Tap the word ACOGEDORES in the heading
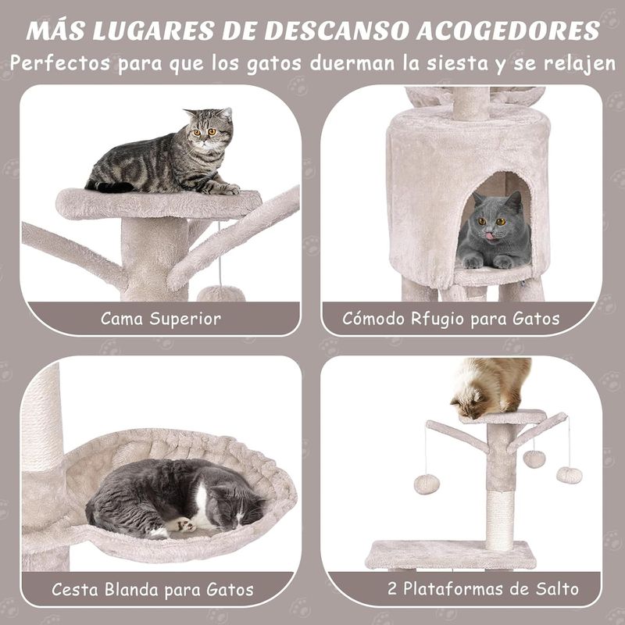click(509, 30)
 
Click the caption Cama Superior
click(161, 319)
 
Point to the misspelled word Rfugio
click(438, 320)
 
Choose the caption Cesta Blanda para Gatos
click(152, 590)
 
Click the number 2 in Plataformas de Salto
click(392, 589)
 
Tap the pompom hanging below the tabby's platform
click(220, 295)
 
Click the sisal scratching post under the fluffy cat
click(500, 520)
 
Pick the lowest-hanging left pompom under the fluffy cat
click(427, 484)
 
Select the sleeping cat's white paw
click(184, 525)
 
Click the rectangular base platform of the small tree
click(452, 555)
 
